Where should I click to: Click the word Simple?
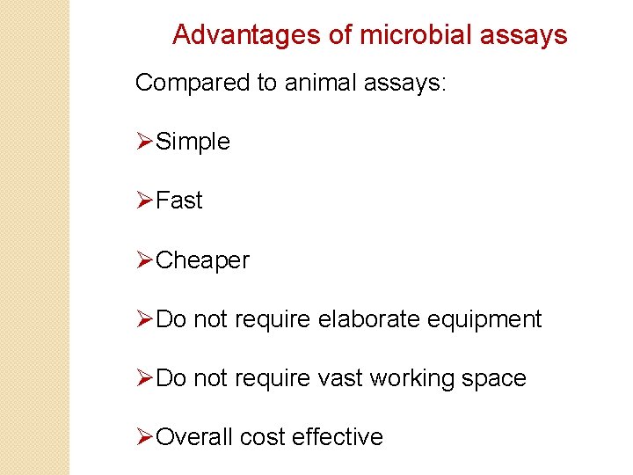(193, 142)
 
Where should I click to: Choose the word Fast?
(179, 201)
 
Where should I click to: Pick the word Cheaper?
(202, 260)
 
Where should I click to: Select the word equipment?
(484, 320)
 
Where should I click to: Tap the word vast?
(339, 378)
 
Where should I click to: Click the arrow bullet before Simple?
(145, 142)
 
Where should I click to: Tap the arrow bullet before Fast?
(145, 201)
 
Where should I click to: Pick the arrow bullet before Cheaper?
(145, 260)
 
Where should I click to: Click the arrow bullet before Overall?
(145, 437)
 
